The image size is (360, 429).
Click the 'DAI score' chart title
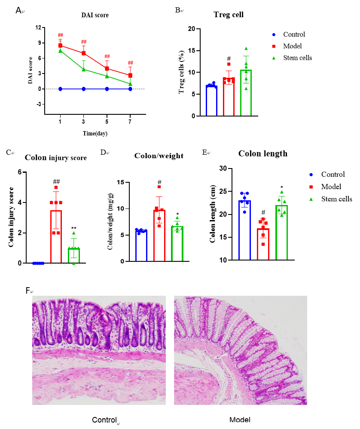[95, 15]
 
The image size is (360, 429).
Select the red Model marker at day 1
[61, 46]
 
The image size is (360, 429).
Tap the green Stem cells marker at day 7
[130, 84]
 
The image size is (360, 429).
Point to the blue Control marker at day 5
[107, 89]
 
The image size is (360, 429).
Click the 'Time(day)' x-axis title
[95, 134]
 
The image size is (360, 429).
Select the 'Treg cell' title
[229, 15]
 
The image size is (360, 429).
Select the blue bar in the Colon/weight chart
[141, 246]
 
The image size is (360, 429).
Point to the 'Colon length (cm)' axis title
[213, 214]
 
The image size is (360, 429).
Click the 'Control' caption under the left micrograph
[104, 420]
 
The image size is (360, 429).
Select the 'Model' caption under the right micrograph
[240, 420]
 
